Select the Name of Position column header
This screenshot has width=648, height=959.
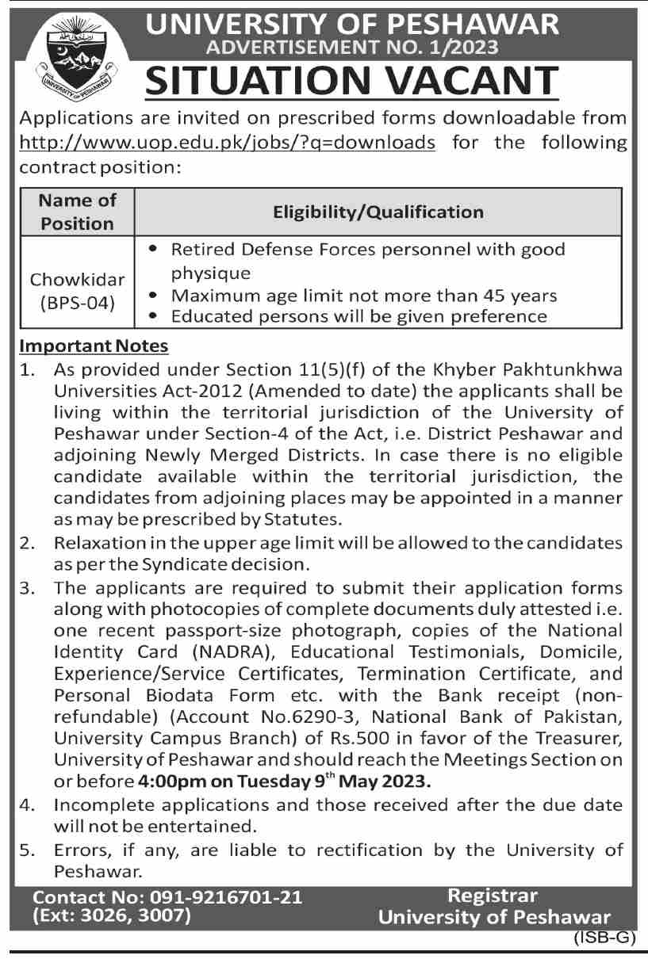78,212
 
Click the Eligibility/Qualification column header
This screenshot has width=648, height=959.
378,212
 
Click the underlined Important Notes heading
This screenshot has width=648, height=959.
94,346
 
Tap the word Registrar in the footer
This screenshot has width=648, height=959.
493,896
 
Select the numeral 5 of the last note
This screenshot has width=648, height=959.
25,851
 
